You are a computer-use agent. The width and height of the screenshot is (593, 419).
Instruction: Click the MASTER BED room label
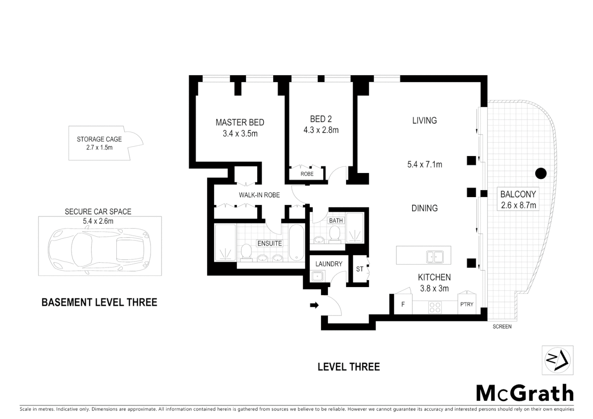(x=239, y=123)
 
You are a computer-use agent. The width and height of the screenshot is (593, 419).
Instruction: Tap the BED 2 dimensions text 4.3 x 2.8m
(x=321, y=130)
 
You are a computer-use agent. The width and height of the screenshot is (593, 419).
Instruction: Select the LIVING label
(x=424, y=121)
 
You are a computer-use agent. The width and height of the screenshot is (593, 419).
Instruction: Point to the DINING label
(x=424, y=208)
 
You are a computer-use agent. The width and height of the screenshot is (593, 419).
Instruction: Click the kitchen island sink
(x=435, y=256)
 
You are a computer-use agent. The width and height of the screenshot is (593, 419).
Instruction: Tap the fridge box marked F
(x=403, y=305)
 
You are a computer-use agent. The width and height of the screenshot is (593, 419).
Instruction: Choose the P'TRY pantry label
(x=466, y=305)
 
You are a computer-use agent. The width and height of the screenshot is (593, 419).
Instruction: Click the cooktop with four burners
(x=435, y=307)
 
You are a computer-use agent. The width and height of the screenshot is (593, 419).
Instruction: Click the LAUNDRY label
(x=328, y=264)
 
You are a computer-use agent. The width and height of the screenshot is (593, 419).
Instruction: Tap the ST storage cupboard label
(x=359, y=269)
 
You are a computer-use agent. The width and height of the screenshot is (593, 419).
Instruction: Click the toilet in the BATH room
(x=334, y=234)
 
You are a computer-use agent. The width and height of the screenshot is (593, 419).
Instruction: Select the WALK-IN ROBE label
(x=259, y=195)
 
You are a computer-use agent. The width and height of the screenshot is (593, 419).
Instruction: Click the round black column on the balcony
(x=541, y=173)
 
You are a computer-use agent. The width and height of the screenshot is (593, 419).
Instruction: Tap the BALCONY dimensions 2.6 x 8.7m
(x=518, y=205)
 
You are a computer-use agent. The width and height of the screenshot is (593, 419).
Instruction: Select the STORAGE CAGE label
(x=99, y=139)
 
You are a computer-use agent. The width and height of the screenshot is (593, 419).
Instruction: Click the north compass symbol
(x=557, y=360)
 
